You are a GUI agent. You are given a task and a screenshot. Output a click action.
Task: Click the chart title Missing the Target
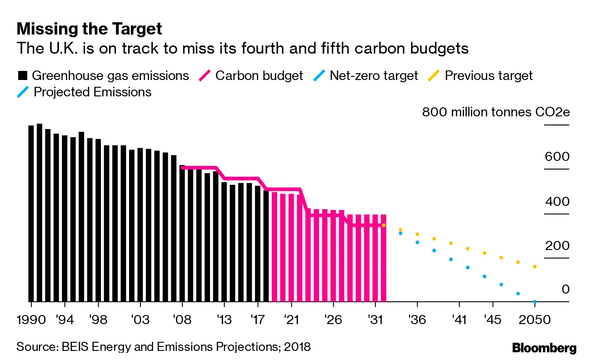(x=89, y=29)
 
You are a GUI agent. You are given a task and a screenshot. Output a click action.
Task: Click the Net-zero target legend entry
(x=366, y=75)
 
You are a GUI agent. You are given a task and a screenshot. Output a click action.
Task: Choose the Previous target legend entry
(x=481, y=75)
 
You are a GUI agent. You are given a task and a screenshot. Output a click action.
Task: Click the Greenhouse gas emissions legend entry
(x=103, y=75)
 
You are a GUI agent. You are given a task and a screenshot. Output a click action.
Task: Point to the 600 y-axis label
(x=557, y=157)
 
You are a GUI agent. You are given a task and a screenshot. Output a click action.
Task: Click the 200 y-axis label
(x=557, y=246)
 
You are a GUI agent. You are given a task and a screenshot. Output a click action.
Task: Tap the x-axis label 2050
(x=535, y=320)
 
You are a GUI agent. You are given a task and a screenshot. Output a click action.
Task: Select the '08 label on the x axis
(x=182, y=320)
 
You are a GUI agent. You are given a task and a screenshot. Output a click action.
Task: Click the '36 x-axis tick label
(x=417, y=320)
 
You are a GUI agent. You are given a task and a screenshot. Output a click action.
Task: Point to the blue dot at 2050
(x=535, y=301)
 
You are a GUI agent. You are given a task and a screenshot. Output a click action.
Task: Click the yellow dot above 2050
(x=535, y=266)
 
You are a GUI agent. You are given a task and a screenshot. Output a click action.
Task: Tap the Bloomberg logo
(x=544, y=348)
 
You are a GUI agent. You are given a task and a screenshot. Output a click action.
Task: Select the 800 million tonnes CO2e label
(x=495, y=112)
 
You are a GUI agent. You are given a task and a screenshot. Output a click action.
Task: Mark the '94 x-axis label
(x=65, y=320)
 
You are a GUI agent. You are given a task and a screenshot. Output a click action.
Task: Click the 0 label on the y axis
(x=565, y=290)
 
